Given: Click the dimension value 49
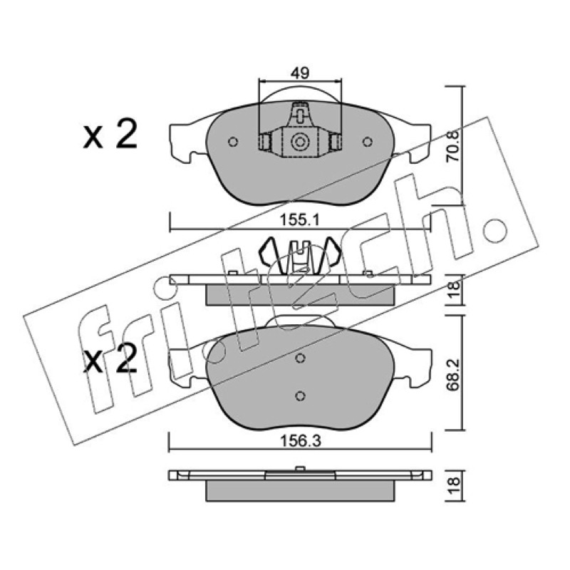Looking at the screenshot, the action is tap(300, 73).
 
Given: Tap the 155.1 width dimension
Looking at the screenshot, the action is tap(299, 219).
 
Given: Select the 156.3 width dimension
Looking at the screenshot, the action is tap(300, 441).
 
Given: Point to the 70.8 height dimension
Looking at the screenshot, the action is tap(453, 146).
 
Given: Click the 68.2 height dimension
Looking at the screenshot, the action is tap(453, 374).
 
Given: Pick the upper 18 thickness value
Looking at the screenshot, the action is tap(454, 290).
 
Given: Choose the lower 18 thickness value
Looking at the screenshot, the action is tap(454, 486).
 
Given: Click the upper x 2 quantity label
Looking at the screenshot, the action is tap(110, 135).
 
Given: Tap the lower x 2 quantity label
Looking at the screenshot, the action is tap(110, 358).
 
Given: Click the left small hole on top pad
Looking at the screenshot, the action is tap(233, 141).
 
